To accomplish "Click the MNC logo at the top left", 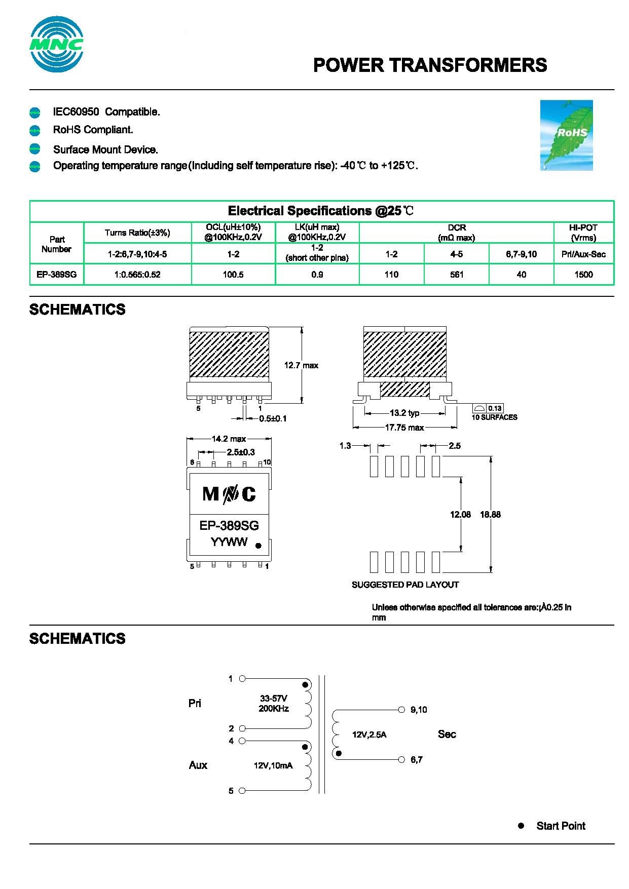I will (x=56, y=45).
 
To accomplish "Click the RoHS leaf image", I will (x=566, y=135).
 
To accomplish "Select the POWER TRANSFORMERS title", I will (x=430, y=65).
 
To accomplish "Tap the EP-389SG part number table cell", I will (x=57, y=275).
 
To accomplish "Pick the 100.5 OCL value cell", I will (x=233, y=275).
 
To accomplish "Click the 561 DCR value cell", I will (x=456, y=275).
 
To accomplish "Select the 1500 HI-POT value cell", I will (x=583, y=275).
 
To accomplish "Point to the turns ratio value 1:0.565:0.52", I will (x=137, y=275).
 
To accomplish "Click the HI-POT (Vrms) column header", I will (x=583, y=233).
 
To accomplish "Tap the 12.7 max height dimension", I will (x=301, y=365).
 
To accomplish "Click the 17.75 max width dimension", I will (x=404, y=428).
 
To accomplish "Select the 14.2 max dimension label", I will (x=229, y=439).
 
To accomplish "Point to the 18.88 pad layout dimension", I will (x=490, y=514).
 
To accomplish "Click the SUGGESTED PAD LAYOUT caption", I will (x=405, y=585).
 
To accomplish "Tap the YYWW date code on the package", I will (x=229, y=542).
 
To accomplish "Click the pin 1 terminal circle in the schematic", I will (x=242, y=678).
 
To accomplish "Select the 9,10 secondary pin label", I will (x=419, y=710).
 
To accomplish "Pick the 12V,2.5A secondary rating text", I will (x=369, y=735).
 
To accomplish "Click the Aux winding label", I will (x=198, y=765).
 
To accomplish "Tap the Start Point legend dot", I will (x=521, y=826).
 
